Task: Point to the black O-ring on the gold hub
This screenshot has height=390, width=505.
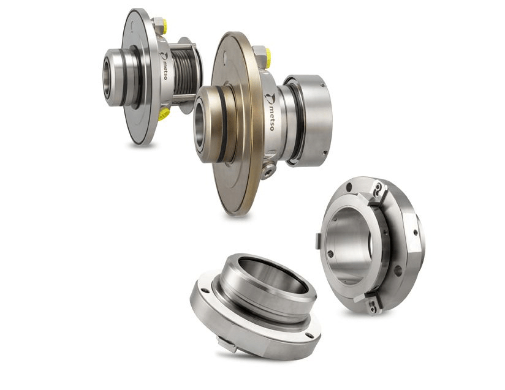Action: (x=222, y=124)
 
